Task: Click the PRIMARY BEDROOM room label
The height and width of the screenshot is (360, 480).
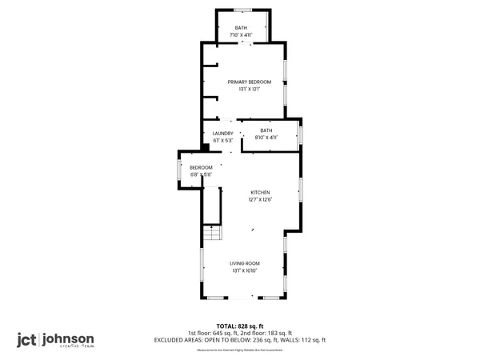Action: (x=249, y=82)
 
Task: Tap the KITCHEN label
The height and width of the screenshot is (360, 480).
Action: (x=260, y=193)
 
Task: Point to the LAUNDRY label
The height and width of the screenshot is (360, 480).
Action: (x=223, y=133)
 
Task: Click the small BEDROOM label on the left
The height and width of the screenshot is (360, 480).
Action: (x=201, y=167)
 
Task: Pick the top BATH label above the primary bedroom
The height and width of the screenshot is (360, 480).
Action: (x=241, y=29)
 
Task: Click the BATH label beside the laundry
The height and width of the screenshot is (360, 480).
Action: (x=266, y=130)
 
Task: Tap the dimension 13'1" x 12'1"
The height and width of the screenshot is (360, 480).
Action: (x=249, y=89)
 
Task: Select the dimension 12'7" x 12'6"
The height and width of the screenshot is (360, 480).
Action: (x=260, y=199)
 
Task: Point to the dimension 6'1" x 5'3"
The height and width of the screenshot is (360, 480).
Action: (x=223, y=140)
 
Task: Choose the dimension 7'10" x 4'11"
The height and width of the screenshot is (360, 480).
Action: (x=241, y=35)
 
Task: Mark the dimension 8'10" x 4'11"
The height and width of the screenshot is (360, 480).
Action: (x=266, y=138)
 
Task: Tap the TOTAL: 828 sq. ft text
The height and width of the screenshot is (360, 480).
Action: (x=240, y=326)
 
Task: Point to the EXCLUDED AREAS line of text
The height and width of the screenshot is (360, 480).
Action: (x=240, y=340)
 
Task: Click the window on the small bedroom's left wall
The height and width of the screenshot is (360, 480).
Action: (x=178, y=171)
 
